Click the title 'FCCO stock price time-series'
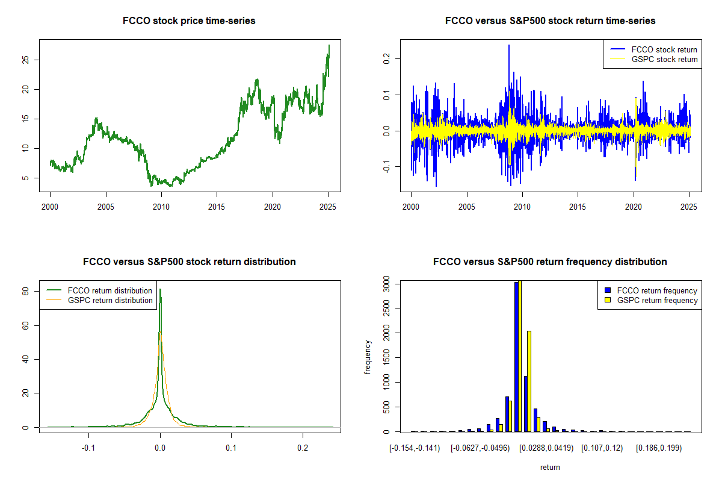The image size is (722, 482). pyautogui.click(x=189, y=21)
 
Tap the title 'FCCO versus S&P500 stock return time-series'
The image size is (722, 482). pyautogui.click(x=550, y=21)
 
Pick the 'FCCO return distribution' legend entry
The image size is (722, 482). pyautogui.click(x=110, y=290)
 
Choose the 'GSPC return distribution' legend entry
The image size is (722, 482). pyautogui.click(x=110, y=300)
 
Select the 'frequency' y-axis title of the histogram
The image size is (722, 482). pyautogui.click(x=368, y=357)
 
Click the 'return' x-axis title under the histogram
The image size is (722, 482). pyautogui.click(x=550, y=467)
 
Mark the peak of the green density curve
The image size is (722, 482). pyautogui.click(x=160, y=290)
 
